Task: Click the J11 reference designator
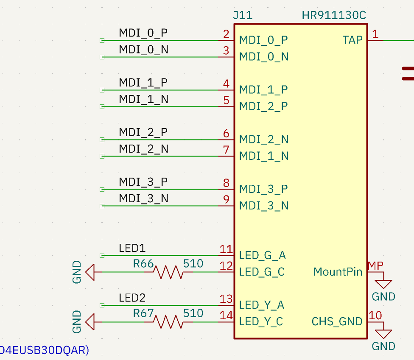[243, 15]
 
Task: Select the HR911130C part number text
[334, 15]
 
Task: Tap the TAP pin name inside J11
[352, 40]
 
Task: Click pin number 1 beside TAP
[375, 34]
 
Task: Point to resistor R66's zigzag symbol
[168, 272]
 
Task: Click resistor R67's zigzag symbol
[168, 322]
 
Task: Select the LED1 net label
[132, 248]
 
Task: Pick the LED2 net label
[132, 298]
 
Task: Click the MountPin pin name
[338, 272]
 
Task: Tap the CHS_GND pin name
[337, 321]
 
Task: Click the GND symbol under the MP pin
[383, 285]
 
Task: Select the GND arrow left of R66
[90, 272]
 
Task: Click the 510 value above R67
[193, 313]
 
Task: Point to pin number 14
[226, 315]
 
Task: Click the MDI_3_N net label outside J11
[144, 198]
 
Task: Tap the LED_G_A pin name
[263, 255]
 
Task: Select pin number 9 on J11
[226, 200]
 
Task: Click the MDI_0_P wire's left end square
[102, 40]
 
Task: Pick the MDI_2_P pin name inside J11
[263, 106]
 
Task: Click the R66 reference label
[143, 263]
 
